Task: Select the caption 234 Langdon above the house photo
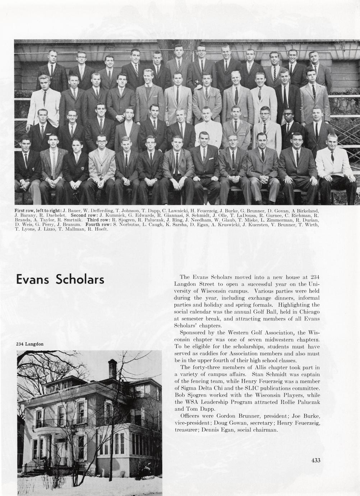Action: pyautogui.click(x=30, y=344)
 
